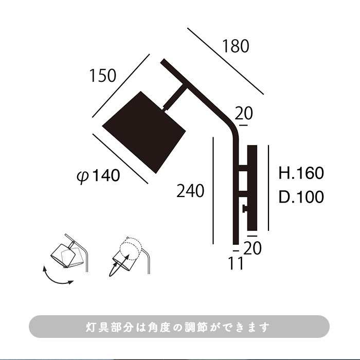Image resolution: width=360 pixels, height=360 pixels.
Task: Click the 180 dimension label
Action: click(x=236, y=46)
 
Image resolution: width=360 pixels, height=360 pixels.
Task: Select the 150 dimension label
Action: click(x=103, y=76)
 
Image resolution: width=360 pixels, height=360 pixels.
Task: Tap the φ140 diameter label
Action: click(x=98, y=176)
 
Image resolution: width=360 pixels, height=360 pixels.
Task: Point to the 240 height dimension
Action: click(x=190, y=191)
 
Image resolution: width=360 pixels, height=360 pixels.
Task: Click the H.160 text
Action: click(x=301, y=173)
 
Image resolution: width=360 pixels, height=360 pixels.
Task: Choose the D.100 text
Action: click(x=301, y=197)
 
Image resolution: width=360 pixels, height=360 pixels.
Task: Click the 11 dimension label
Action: click(x=236, y=263)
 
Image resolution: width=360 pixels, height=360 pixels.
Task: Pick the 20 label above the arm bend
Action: click(x=244, y=113)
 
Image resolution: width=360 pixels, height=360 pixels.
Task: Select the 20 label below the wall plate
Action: click(x=253, y=248)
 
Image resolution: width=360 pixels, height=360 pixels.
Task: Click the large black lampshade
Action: click(x=144, y=133)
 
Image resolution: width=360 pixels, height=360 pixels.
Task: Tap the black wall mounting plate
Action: click(x=252, y=188)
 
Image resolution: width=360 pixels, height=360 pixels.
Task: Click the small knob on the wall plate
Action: click(x=245, y=209)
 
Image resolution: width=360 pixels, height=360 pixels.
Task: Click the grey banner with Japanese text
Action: click(x=179, y=327)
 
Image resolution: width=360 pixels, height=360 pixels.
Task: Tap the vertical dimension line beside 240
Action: click(x=213, y=191)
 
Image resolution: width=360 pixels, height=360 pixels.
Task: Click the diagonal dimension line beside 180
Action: click(x=225, y=61)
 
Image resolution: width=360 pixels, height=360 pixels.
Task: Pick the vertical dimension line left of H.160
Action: click(x=268, y=188)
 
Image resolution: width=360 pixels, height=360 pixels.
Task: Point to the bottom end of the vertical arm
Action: click(x=236, y=244)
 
